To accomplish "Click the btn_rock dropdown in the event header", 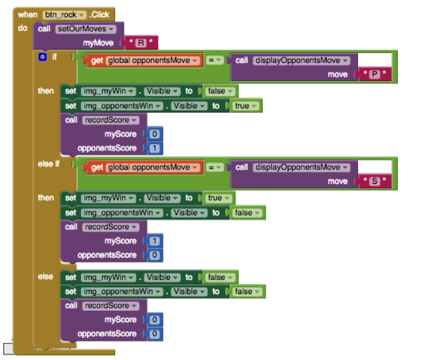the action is [x=65, y=15].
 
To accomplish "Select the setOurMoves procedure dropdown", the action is [x=85, y=29].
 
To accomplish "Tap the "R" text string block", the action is [x=141, y=43].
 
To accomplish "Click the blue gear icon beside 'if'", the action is [x=42, y=57].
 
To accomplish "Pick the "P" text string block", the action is [x=374, y=74].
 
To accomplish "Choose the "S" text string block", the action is [x=374, y=181].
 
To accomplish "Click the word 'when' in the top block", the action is [x=28, y=15].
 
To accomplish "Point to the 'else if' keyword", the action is [x=48, y=164].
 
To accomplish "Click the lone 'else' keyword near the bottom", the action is [x=45, y=277].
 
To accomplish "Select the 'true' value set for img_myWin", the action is [x=219, y=198].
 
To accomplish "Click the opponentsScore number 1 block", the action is [x=155, y=148].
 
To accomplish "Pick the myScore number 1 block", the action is [x=155, y=241].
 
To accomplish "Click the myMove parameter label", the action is [x=98, y=43].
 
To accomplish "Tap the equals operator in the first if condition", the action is [x=214, y=60].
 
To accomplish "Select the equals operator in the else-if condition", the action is [x=214, y=167].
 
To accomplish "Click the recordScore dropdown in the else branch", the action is [x=110, y=306].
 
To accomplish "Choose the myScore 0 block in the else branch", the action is [x=155, y=320].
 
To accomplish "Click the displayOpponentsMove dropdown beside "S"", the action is [x=302, y=168].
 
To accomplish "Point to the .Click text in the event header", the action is [x=99, y=15].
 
